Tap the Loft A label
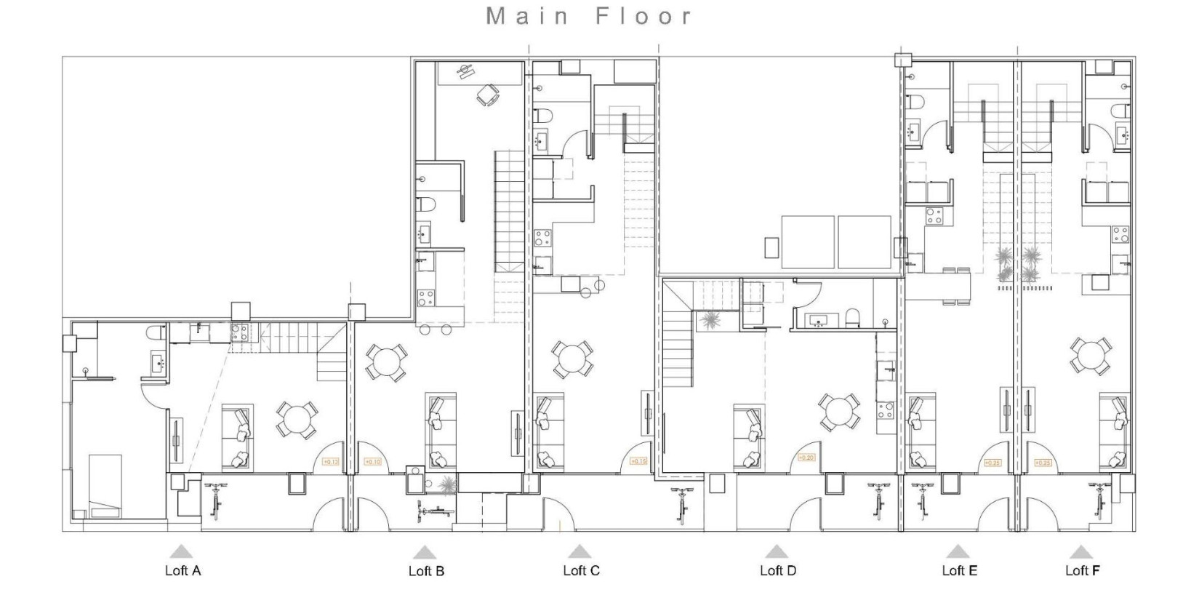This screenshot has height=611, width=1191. click(183, 570)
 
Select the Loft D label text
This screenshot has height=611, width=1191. click(777, 570)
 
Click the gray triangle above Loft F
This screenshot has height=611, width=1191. click(1080, 552)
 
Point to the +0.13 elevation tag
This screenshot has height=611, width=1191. click(331, 461)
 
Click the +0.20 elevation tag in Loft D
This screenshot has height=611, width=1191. click(806, 458)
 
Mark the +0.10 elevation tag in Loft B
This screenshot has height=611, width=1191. click(372, 461)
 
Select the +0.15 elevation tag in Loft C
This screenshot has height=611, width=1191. click(638, 461)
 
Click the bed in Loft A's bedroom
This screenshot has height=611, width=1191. click(105, 484)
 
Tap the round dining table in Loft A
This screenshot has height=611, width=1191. click(297, 420)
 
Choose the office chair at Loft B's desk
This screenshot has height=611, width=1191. click(487, 95)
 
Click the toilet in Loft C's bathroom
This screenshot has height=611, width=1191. click(542, 116)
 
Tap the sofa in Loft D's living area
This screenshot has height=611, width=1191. click(749, 435)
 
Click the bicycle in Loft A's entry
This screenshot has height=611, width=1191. click(215, 500)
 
